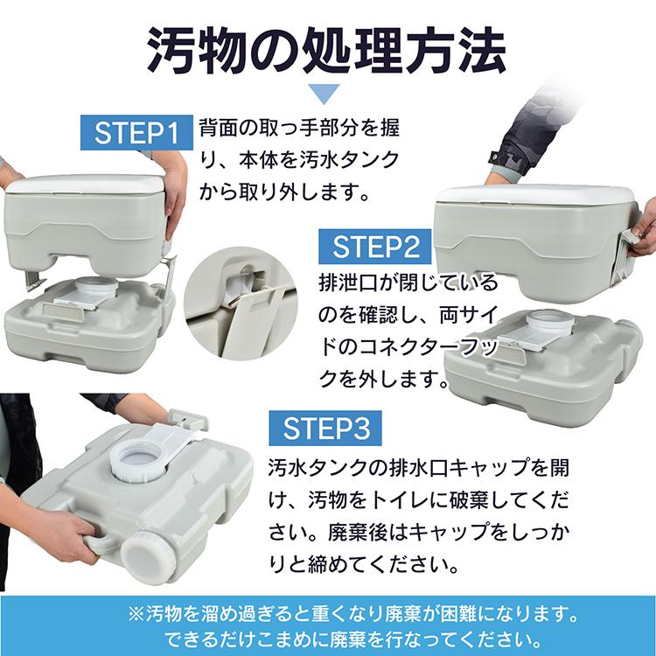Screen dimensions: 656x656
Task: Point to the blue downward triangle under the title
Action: coord(327,94)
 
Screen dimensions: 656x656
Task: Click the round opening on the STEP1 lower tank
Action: coord(94,289)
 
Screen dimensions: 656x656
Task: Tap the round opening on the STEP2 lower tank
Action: coord(549,321)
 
